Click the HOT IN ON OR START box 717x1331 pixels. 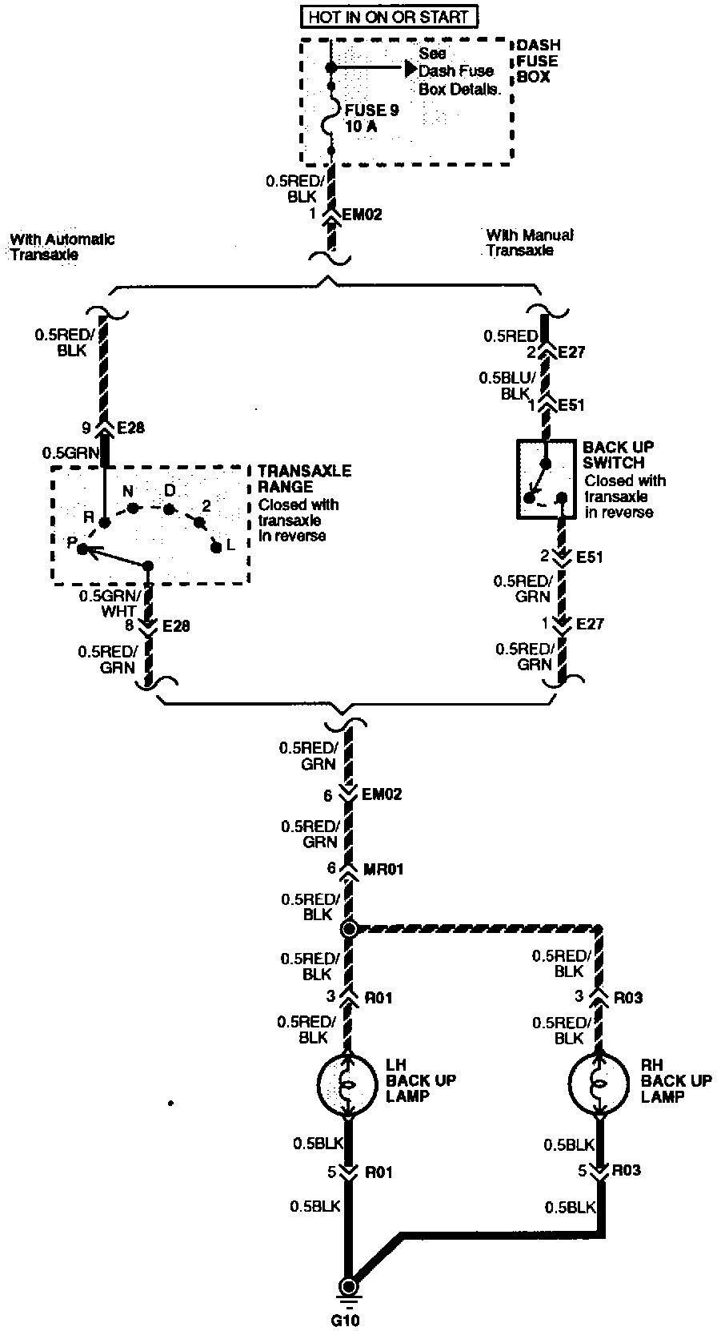point(388,17)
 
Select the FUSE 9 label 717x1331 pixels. point(371,111)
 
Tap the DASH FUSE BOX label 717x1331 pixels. point(538,61)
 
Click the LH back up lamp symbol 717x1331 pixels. point(348,1087)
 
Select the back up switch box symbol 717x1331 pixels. point(546,478)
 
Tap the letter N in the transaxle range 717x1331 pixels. point(127,491)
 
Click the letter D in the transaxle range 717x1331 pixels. point(170,490)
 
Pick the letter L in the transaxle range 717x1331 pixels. point(230,545)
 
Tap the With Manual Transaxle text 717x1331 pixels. point(529,243)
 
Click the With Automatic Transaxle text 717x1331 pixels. point(62,247)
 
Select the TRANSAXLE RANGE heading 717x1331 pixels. point(304,479)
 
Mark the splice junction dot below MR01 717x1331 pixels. point(349,929)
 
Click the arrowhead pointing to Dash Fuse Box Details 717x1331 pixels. point(411,67)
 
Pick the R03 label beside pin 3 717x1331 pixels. point(628,999)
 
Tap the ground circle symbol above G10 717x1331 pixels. point(348,1287)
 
